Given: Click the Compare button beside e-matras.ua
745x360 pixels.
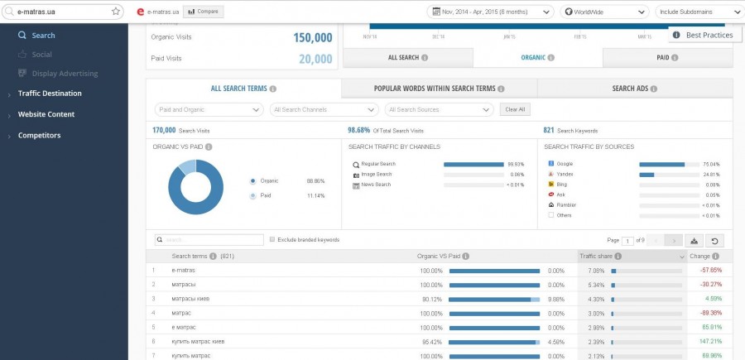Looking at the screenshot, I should coord(203,12).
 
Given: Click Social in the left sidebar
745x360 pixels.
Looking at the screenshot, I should coord(41,54).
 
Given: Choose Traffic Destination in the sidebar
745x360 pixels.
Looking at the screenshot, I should coord(50,94).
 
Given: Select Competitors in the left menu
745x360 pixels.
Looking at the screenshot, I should coord(39,135).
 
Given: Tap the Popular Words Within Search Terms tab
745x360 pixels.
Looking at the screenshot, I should coord(439,89).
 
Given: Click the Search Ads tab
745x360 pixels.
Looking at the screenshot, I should coord(635,89).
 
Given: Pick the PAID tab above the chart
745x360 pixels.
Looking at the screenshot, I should coord(667,58).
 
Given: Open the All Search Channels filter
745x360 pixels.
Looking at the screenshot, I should coord(324,109).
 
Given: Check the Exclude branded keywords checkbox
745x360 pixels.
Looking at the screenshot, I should coord(272,240).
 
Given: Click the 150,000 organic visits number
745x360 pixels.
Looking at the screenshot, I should coord(312,38).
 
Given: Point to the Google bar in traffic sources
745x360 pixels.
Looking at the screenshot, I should coord(661,164).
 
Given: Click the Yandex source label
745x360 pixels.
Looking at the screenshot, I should coord(565,175).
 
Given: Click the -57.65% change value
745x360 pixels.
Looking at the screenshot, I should coord(710,270).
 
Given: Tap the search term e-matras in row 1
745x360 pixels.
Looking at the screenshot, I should coord(184,270).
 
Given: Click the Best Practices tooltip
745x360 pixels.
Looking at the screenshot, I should coord(704,36).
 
